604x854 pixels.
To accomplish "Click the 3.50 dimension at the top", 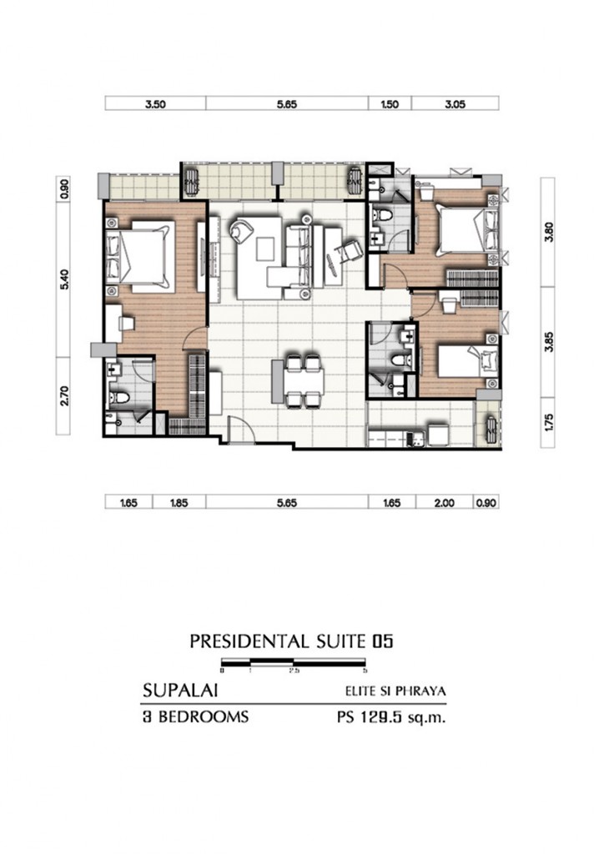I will point(155,104).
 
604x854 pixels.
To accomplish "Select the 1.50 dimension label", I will point(390,104).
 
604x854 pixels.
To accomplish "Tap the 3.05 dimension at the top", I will point(456,104).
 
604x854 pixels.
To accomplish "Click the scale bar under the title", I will point(294,665).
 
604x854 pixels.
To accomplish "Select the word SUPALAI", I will point(175,691).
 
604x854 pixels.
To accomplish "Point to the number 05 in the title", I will point(383,641).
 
